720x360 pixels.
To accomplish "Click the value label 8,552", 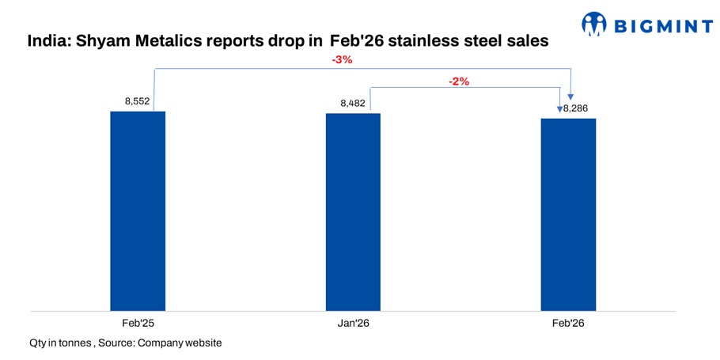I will [138, 101].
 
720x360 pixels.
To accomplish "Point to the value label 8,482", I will [353, 103].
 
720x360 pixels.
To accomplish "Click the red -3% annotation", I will [342, 60].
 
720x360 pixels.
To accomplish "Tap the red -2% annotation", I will [460, 81].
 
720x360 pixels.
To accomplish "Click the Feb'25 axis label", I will [138, 324].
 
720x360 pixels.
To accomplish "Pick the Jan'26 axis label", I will [353, 324].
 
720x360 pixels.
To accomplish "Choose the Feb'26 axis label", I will [568, 324].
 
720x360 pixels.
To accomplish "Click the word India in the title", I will [47, 40].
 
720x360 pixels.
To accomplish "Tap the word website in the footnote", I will [201, 343].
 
